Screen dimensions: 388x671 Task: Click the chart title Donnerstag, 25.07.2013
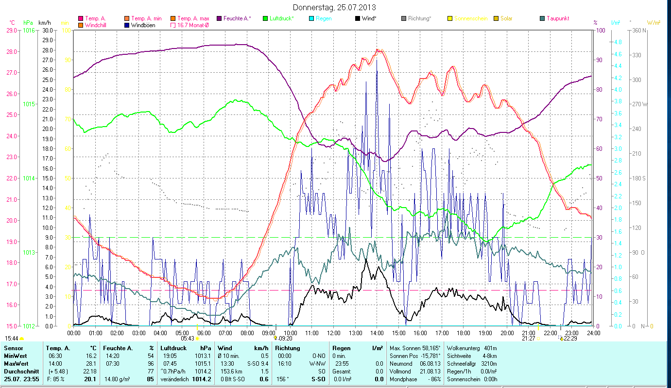335,7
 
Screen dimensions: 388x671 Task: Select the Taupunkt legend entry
557,18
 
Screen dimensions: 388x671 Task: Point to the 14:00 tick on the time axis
377,333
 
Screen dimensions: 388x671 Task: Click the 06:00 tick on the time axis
204,333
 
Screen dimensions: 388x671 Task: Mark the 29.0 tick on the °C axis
12,30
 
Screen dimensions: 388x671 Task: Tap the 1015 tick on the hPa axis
29,104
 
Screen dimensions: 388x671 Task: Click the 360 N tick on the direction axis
638,30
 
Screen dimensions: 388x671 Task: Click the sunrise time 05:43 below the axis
188,339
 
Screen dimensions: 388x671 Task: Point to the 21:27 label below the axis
528,339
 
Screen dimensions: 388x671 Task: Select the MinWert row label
15,356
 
